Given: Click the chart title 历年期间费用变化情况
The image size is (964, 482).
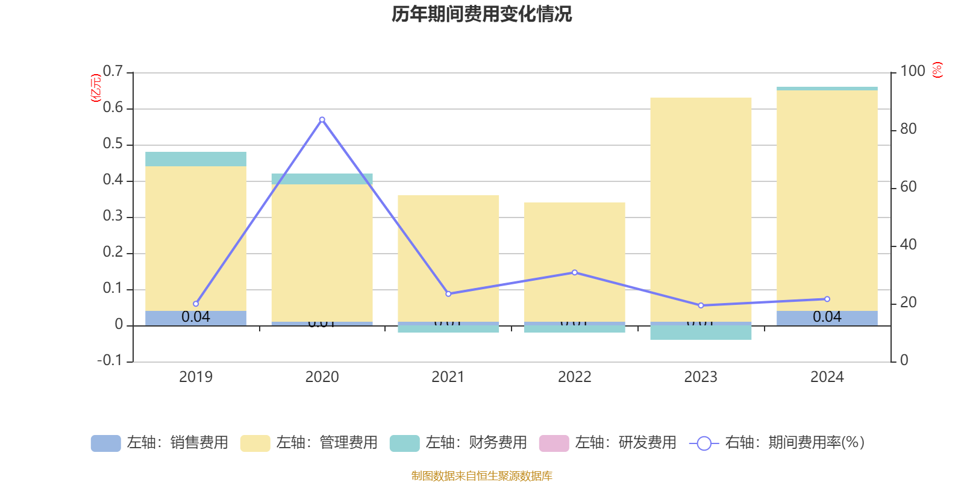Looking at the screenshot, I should pyautogui.click(x=481, y=14).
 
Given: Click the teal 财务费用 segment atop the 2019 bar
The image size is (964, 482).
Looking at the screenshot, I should pyautogui.click(x=196, y=159).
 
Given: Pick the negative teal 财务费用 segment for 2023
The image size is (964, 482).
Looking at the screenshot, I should pyautogui.click(x=701, y=333).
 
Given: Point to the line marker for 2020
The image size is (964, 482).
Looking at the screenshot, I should pyautogui.click(x=322, y=119).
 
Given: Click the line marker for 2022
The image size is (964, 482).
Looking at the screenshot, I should pyautogui.click(x=575, y=272).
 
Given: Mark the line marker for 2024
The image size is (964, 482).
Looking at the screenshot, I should pyautogui.click(x=827, y=299).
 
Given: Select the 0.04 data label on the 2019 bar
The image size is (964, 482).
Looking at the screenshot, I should pyautogui.click(x=196, y=317).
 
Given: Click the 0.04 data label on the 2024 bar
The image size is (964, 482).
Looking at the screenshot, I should pyautogui.click(x=827, y=317).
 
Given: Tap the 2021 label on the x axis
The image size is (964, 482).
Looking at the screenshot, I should pyautogui.click(x=448, y=377).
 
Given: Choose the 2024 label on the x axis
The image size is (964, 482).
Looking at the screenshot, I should pyautogui.click(x=827, y=377).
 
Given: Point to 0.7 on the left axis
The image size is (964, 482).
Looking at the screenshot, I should pyautogui.click(x=113, y=71).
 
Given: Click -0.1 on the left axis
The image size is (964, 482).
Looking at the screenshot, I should pyautogui.click(x=110, y=360).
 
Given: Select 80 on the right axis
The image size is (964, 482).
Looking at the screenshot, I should pyautogui.click(x=908, y=129).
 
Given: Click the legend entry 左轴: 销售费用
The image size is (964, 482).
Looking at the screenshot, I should pyautogui.click(x=160, y=443).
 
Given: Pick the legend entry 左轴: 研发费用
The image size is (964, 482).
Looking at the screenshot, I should pyautogui.click(x=608, y=443).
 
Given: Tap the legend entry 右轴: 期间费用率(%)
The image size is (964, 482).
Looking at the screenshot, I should pyautogui.click(x=777, y=443).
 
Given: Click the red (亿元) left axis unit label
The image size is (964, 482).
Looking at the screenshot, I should pyautogui.click(x=95, y=88).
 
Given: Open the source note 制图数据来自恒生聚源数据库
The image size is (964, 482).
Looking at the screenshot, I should pyautogui.click(x=481, y=476).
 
